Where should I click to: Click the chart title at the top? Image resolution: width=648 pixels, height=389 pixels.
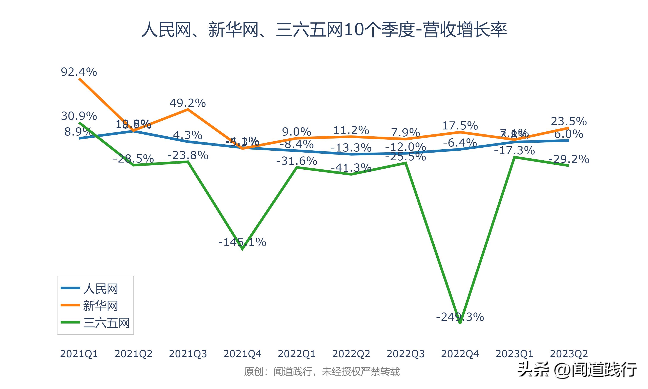[x=324, y=30]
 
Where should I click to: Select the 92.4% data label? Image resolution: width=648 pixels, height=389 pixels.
[x=79, y=72]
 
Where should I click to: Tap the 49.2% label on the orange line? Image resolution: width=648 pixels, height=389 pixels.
[x=187, y=103]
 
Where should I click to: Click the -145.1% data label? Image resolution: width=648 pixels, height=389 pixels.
[x=242, y=242]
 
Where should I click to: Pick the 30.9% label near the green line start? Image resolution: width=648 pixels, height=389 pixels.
[x=79, y=116]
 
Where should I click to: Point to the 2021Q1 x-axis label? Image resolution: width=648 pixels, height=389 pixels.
[x=79, y=354]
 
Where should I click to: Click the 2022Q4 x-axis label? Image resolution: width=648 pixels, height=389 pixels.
[x=460, y=354]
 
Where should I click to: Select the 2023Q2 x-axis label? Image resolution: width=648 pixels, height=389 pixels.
[x=569, y=354]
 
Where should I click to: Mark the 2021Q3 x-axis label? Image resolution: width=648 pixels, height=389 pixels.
[x=188, y=354]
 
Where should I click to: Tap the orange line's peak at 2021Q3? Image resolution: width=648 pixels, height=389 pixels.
[x=188, y=109]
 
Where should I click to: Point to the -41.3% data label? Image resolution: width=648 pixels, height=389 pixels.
[x=351, y=167]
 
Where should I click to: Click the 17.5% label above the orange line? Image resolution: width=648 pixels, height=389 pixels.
[x=460, y=126]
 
